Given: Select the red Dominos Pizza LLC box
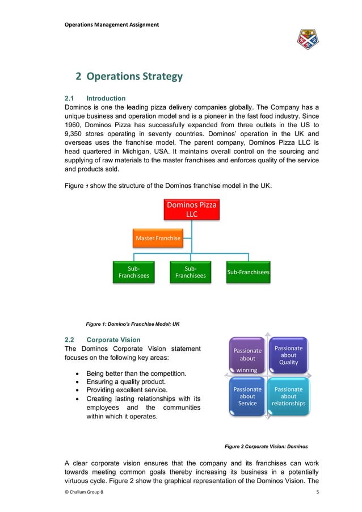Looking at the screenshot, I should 191,209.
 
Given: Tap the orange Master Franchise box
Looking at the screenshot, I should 158,238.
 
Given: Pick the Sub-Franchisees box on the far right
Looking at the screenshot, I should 248,272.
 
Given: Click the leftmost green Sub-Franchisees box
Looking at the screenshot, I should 134,272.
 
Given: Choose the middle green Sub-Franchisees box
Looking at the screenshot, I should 190,272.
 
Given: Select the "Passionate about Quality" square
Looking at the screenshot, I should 288,355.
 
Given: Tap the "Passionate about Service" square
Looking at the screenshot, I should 247,396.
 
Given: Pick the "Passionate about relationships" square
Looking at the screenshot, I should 288,396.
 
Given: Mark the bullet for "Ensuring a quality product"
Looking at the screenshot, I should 77,383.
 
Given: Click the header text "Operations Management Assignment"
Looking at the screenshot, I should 112,24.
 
